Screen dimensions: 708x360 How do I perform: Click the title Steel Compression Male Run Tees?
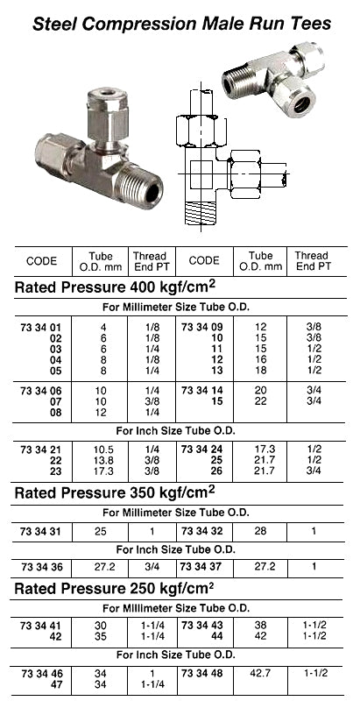pyautogui.click(x=182, y=24)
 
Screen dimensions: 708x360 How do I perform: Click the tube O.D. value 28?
pyautogui.click(x=261, y=532)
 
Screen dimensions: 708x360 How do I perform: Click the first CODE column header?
pyautogui.click(x=41, y=260)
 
